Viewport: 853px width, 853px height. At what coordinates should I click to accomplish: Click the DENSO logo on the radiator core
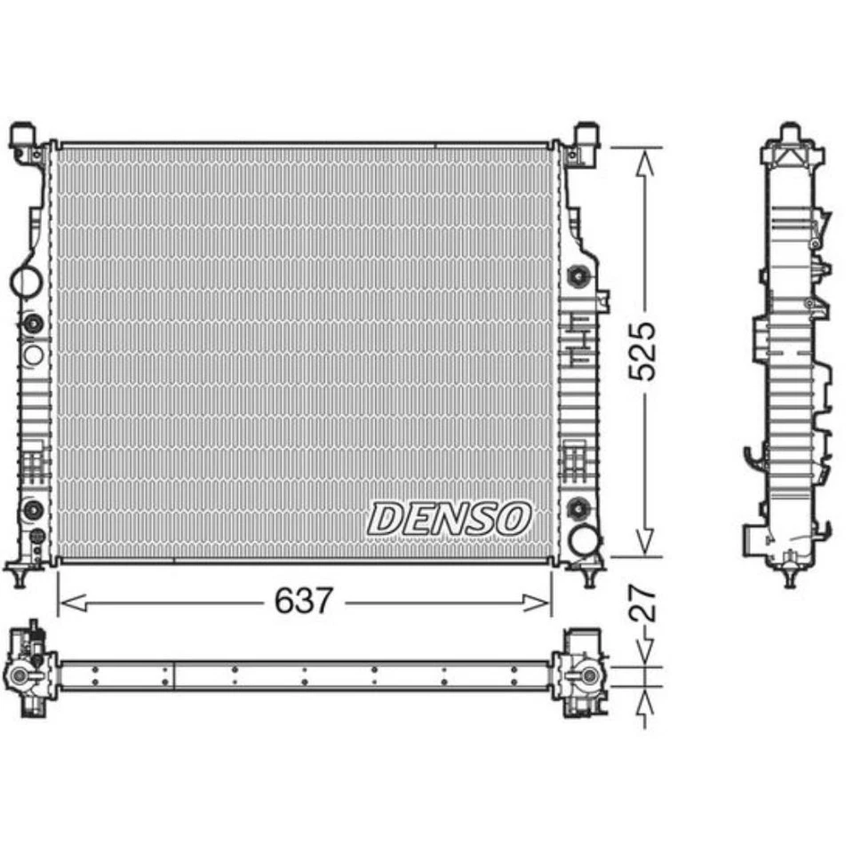pyautogui.click(x=450, y=518)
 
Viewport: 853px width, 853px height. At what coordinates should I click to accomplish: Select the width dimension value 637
pyautogui.click(x=303, y=602)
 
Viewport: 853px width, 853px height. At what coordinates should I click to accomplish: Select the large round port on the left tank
pyautogui.click(x=26, y=281)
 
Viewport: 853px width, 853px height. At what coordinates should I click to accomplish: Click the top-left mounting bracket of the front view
pyautogui.click(x=24, y=140)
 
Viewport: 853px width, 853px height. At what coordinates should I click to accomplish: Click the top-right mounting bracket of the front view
pyautogui.click(x=586, y=140)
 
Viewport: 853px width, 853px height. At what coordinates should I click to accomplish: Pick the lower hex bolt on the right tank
pyautogui.click(x=577, y=508)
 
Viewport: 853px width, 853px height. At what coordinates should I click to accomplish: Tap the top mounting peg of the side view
pyautogui.click(x=790, y=134)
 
